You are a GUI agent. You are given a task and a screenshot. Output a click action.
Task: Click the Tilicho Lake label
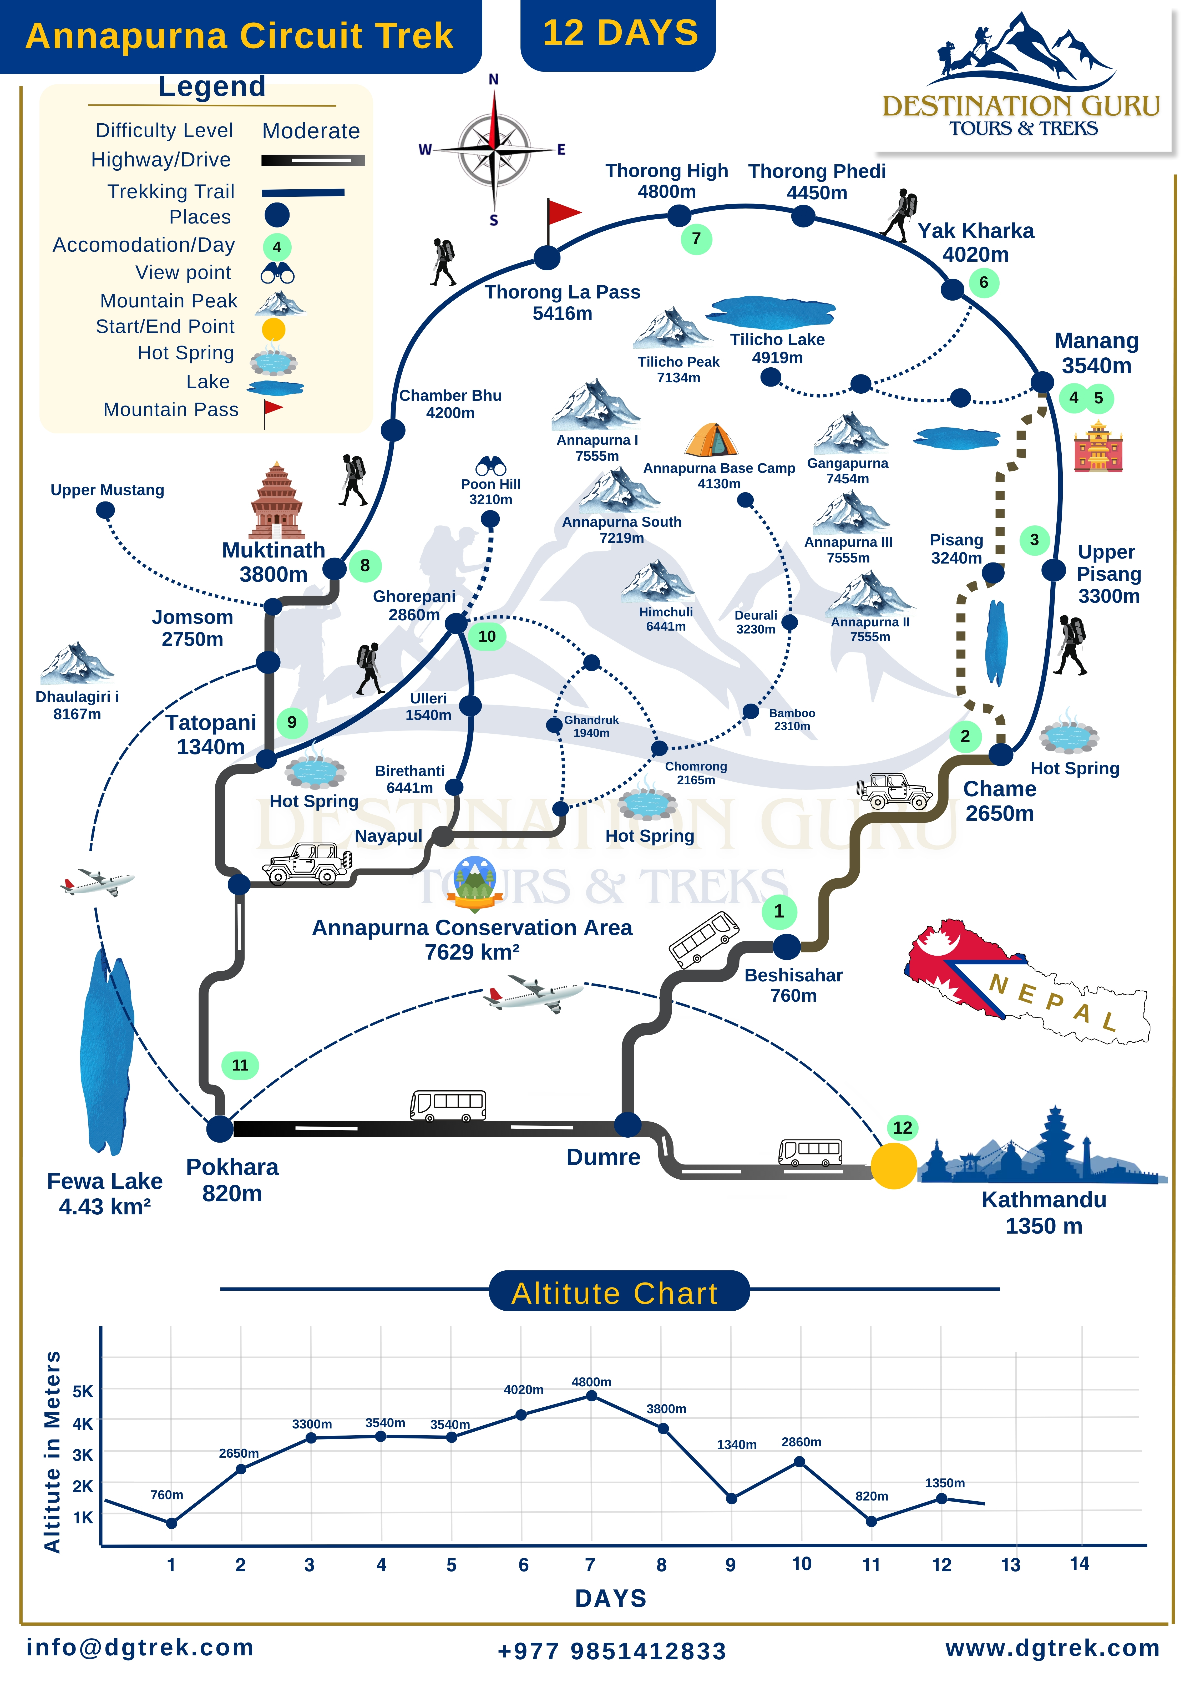pos(777,348)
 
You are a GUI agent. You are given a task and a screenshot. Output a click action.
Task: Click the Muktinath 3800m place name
pos(274,561)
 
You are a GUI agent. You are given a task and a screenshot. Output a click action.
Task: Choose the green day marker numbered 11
pos(240,1065)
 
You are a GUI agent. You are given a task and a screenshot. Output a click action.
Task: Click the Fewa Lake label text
pos(105,1193)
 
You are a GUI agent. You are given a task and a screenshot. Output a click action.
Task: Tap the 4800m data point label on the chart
pos(591,1382)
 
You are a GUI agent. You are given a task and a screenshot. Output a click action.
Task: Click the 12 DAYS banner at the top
pos(618,34)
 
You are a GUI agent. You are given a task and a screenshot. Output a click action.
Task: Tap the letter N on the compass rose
pos(493,79)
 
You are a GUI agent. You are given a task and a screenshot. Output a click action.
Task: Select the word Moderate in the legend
pos(311,131)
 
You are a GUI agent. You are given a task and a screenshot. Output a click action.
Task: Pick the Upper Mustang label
pos(107,490)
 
